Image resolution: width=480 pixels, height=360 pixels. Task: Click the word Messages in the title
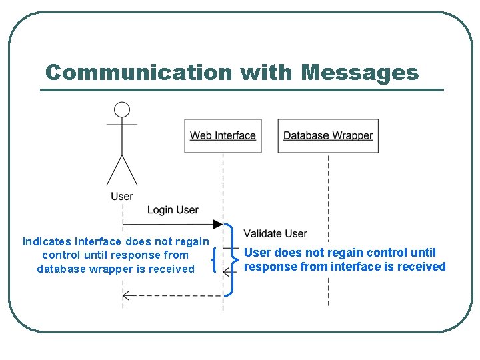(360, 72)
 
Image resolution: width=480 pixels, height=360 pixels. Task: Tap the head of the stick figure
(122, 110)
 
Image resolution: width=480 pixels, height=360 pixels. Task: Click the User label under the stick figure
(122, 196)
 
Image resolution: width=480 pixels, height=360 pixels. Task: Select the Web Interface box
(223, 136)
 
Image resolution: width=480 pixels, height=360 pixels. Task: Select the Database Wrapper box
(328, 136)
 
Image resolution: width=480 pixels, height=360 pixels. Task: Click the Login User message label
(173, 210)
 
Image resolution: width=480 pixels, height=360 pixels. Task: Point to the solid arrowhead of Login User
(218, 224)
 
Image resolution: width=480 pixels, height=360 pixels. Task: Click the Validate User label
(275, 233)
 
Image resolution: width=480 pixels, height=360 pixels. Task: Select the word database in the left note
(61, 269)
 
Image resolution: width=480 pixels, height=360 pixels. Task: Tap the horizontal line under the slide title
(241, 90)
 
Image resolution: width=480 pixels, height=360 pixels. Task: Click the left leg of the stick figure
(114, 171)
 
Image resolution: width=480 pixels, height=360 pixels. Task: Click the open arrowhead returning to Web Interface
(227, 271)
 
